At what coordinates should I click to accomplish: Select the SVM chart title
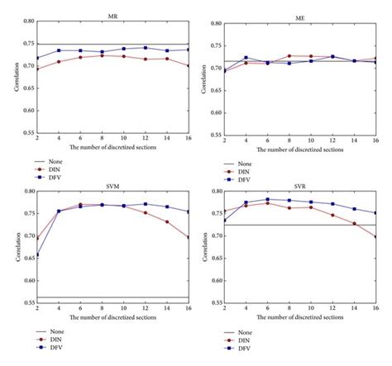(112, 186)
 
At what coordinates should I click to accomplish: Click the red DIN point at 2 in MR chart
(36, 69)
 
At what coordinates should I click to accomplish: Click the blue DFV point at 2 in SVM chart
(36, 255)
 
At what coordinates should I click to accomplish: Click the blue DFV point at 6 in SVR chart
(267, 199)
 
